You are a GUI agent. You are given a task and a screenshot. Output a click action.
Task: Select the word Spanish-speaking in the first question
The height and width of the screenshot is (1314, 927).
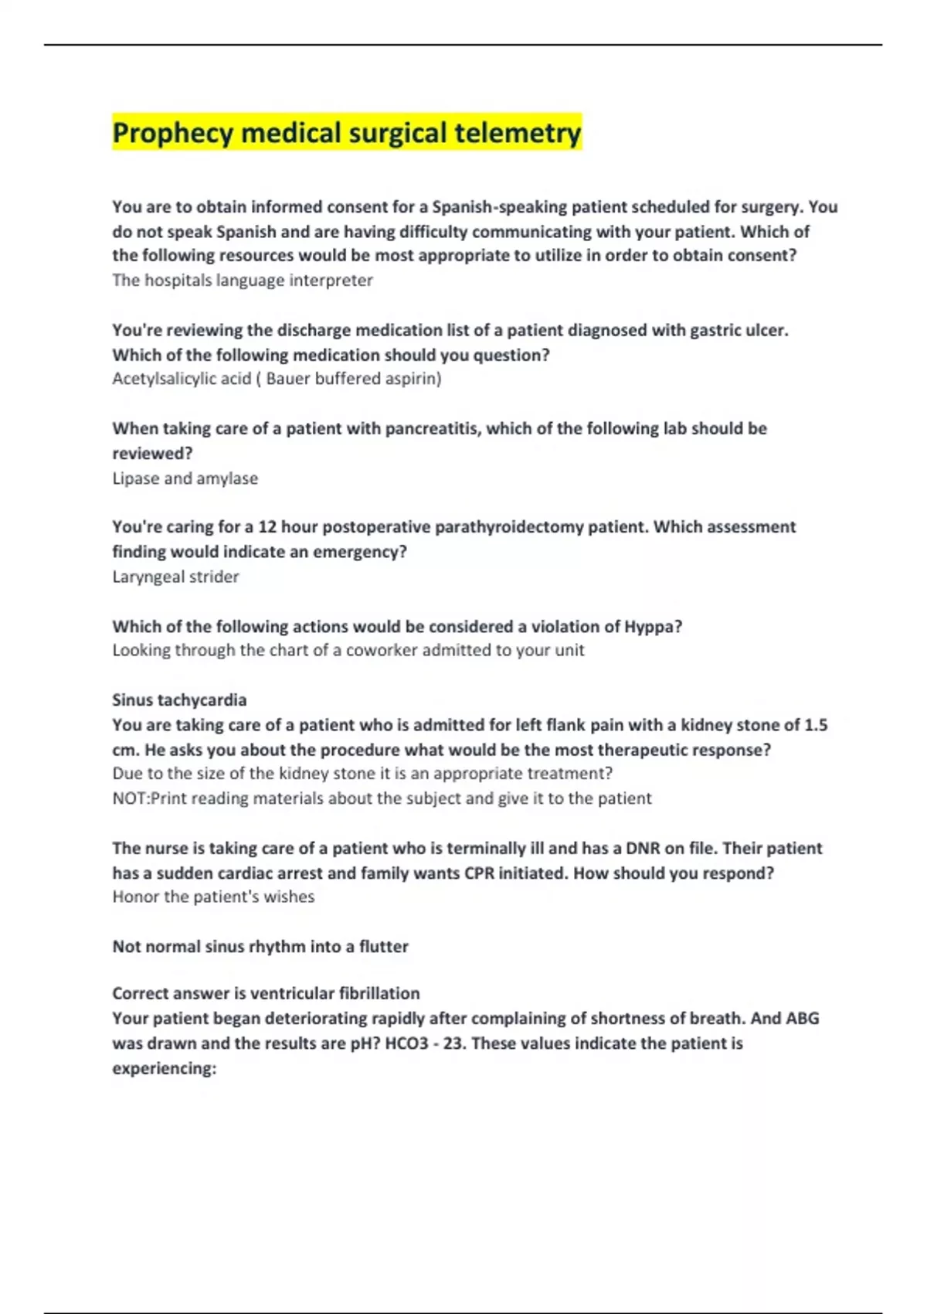click(500, 207)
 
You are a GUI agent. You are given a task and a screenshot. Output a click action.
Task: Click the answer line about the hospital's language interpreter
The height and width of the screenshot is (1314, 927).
click(242, 281)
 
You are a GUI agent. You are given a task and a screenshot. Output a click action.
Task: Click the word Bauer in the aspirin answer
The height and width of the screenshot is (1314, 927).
click(287, 379)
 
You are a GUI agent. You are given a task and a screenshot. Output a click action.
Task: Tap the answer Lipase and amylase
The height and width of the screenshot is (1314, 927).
click(185, 478)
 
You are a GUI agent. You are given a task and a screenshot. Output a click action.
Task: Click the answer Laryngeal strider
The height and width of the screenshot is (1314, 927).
click(175, 577)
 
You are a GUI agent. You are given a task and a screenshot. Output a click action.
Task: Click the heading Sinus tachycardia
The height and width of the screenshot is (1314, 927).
click(179, 700)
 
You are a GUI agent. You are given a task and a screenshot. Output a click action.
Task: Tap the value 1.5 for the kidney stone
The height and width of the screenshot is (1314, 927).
click(815, 725)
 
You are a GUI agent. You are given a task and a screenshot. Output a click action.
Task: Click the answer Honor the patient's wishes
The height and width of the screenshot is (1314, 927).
click(213, 897)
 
